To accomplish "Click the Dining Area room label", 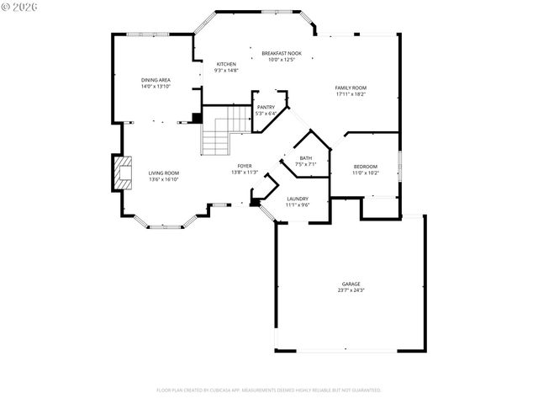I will [156, 80].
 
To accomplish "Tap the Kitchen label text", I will [227, 64].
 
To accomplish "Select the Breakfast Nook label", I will [281, 53].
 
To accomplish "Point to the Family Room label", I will [351, 88].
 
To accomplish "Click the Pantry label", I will [266, 107].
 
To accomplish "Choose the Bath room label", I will [306, 157].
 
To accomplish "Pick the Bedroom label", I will [366, 166].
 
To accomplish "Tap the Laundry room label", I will [298, 199].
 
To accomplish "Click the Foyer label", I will [245, 166].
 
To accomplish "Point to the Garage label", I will [351, 284].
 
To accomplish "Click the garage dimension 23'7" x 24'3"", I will [351, 290].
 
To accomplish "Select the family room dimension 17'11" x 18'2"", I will [351, 94].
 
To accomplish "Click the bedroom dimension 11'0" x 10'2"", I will [366, 173].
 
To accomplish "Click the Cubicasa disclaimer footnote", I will [269, 391].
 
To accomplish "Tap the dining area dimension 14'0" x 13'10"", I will [156, 87].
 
